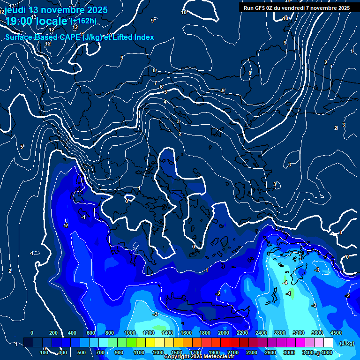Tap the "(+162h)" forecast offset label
(83, 21)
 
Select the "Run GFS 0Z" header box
(297, 7)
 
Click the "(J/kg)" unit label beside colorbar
(346, 343)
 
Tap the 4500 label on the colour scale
(336, 333)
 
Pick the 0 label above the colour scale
(32, 333)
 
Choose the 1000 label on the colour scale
(130, 333)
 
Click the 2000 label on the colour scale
(224, 333)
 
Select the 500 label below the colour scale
(82, 352)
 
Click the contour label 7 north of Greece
(156, 83)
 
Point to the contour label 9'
(224, 90)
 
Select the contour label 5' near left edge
(22, 147)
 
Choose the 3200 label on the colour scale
(299, 333)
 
